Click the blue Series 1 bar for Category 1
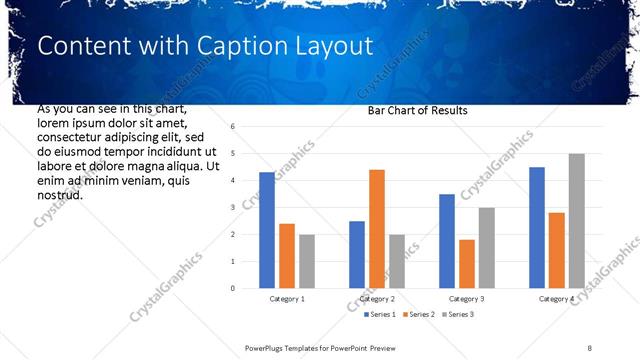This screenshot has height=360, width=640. (x=267, y=230)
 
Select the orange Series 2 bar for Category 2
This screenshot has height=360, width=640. (x=377, y=229)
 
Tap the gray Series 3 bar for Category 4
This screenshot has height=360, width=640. (x=576, y=221)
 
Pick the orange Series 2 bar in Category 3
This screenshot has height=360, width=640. (x=467, y=264)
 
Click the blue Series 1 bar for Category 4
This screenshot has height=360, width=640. (x=537, y=228)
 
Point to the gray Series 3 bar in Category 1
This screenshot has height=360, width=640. (x=306, y=261)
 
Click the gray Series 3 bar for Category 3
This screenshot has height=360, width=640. (x=486, y=248)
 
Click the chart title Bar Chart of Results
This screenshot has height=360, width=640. (x=412, y=111)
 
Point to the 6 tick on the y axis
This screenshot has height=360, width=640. (x=232, y=127)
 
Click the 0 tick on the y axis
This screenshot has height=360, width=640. (x=232, y=288)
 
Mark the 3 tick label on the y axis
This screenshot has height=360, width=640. (x=232, y=208)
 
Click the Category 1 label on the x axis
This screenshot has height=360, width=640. (x=287, y=299)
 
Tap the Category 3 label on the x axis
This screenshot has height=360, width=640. (x=467, y=299)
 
